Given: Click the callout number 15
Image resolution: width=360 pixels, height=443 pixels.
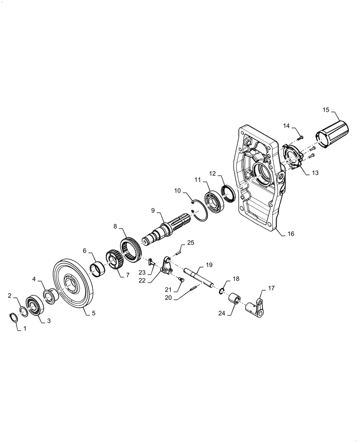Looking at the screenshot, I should click(x=326, y=109).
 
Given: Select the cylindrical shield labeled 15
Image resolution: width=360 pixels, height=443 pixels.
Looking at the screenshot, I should click(x=332, y=133).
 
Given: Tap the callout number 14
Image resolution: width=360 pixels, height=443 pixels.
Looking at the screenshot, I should click(x=286, y=126).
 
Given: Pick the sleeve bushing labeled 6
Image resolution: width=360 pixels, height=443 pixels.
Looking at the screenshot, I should click(x=100, y=268).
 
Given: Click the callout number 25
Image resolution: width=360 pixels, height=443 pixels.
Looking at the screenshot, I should click(x=190, y=243).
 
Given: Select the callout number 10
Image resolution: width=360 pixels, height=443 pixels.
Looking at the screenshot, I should click(x=177, y=191).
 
